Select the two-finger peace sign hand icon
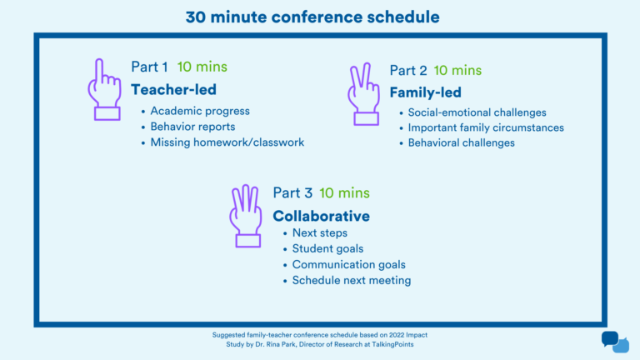pos(365,93)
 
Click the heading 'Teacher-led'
pos(173,89)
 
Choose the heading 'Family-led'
pos(425,92)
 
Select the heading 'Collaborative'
pos(322,216)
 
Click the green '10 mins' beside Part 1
pos(202,67)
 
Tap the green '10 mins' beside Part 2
pos(458,70)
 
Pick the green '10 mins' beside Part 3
pos(345,193)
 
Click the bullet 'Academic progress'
pos(200,111)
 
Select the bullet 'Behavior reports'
pos(192,127)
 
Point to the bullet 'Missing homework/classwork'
pos(227,142)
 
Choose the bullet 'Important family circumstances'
pos(486,127)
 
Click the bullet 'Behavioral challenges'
pos(461,143)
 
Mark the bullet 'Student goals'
pos(327,248)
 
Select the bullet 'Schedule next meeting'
pos(351,281)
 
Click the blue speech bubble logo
pos(614,342)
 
